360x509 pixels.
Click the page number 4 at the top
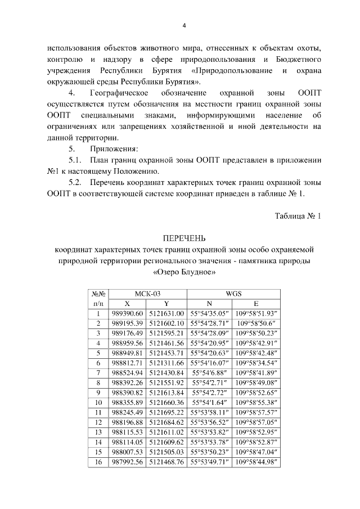point(184,25)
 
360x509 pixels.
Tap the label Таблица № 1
point(297,216)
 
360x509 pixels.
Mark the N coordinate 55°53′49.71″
point(210,462)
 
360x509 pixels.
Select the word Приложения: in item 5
point(112,149)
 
